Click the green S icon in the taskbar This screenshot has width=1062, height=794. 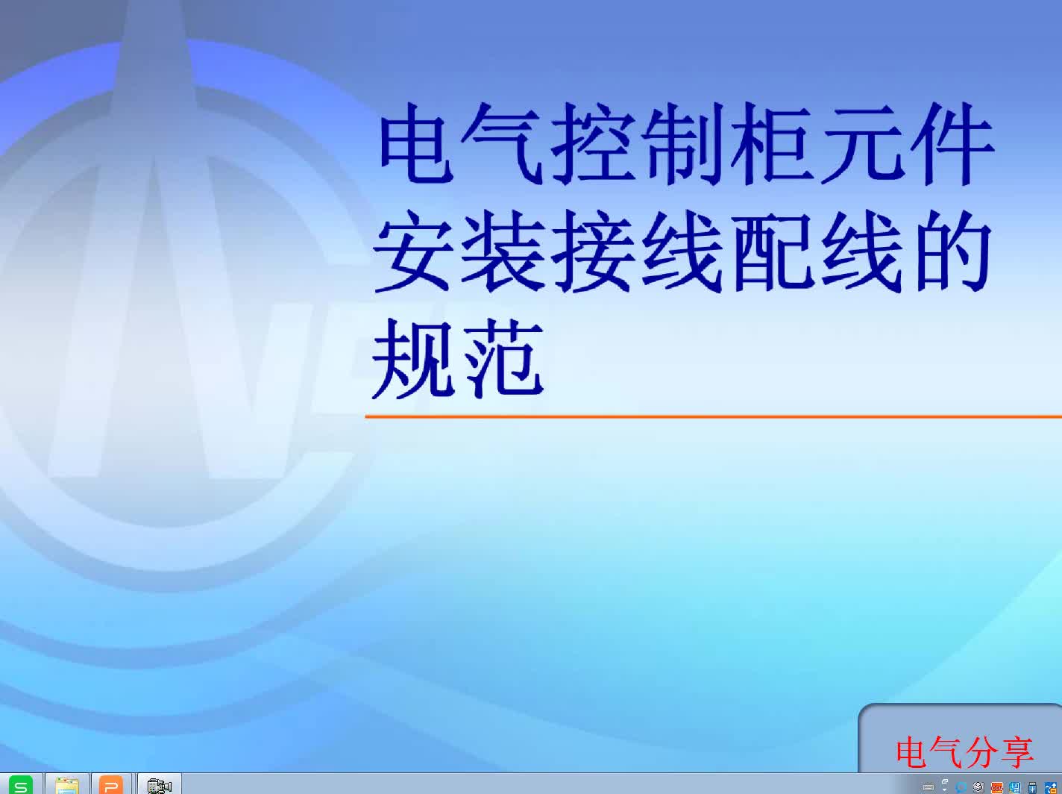tap(21, 785)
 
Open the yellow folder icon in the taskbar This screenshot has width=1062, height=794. tap(67, 785)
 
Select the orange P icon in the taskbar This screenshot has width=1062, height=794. tap(111, 785)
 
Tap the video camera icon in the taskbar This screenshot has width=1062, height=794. tap(159, 786)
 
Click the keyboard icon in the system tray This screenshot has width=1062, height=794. tap(928, 788)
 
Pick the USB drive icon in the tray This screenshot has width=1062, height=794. tap(1032, 788)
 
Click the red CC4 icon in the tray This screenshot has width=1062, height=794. tap(996, 788)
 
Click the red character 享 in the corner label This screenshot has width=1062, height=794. tap(1017, 753)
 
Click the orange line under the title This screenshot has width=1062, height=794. tap(713, 416)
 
